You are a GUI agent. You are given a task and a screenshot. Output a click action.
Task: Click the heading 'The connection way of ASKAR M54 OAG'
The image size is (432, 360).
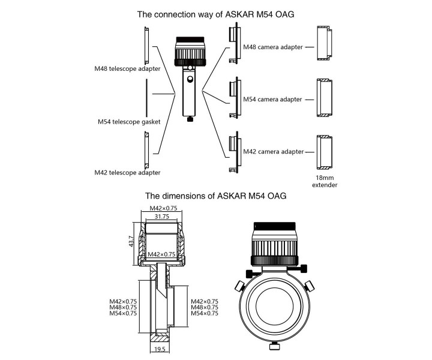click(x=216, y=14)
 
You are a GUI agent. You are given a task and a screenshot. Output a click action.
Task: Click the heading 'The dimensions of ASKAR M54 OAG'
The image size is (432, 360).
click(x=216, y=196)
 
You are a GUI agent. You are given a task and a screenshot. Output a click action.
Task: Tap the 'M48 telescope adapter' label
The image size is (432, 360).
click(x=127, y=68)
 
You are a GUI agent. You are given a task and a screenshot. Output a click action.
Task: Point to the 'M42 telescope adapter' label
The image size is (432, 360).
click(x=127, y=173)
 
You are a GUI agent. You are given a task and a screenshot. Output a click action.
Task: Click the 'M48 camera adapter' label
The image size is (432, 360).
click(x=272, y=46)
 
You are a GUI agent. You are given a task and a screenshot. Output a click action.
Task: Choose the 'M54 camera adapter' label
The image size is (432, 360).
click(x=272, y=99)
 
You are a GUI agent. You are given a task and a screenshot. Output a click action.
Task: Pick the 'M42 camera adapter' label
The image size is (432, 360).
click(x=272, y=152)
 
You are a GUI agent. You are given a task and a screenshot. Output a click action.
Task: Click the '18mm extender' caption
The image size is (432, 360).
click(x=325, y=181)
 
